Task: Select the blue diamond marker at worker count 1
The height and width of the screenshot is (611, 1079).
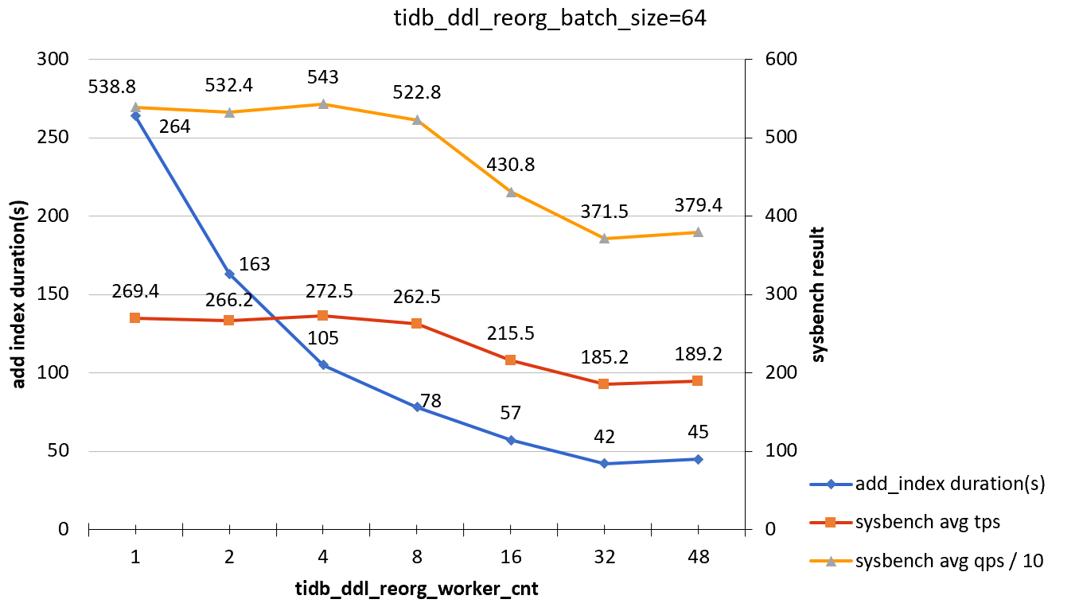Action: point(135,116)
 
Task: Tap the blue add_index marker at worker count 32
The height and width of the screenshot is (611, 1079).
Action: point(604,463)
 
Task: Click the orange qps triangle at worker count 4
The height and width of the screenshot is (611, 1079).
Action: point(323,104)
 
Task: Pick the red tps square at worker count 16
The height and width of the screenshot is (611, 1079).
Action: point(511,360)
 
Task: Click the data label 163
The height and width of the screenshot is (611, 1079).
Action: point(255,264)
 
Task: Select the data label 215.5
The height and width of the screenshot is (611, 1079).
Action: point(511,333)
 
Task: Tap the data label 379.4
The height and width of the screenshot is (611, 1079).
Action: point(698,206)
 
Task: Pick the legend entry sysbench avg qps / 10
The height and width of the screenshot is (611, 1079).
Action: point(949,561)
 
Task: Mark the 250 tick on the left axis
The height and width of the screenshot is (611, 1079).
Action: point(54,138)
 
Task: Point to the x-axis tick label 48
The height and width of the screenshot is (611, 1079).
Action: point(698,557)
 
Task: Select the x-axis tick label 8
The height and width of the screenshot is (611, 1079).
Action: point(417,557)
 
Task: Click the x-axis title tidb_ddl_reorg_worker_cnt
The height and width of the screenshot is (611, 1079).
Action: point(417,589)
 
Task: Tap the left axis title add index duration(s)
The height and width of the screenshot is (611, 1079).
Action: point(20,294)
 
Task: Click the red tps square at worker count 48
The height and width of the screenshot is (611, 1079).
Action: point(698,381)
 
